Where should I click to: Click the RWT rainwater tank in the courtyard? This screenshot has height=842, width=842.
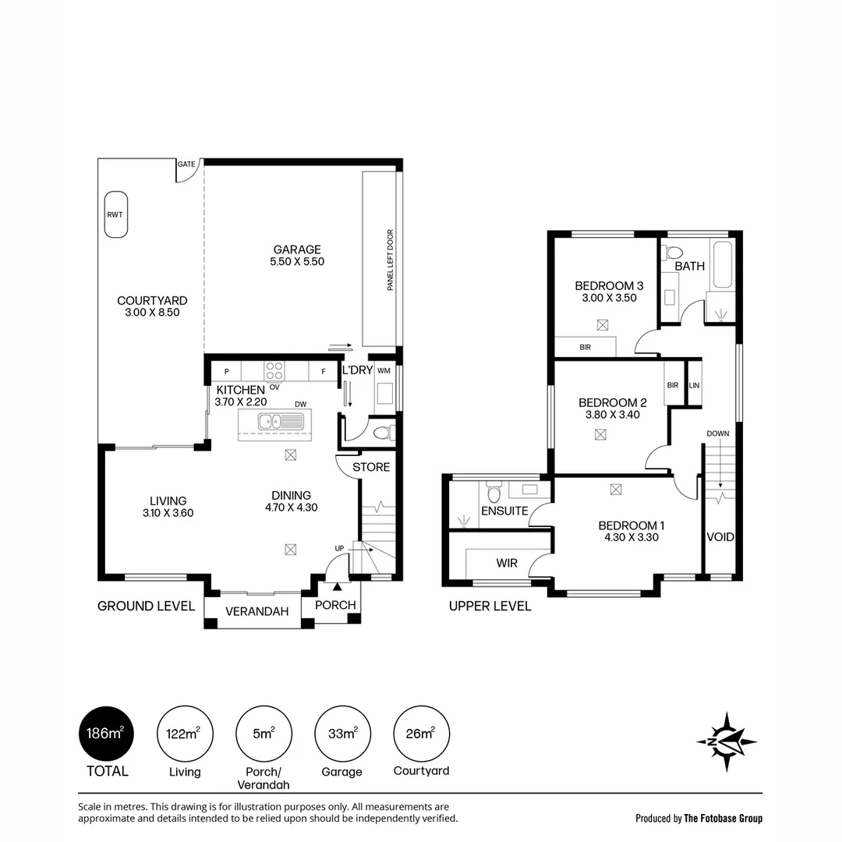click(x=116, y=214)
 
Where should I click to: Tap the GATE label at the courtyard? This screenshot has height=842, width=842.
click(x=186, y=165)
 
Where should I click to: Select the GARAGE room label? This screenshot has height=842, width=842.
click(x=296, y=249)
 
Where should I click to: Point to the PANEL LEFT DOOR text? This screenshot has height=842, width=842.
click(x=390, y=260)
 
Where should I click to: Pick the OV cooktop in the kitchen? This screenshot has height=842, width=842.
click(x=274, y=370)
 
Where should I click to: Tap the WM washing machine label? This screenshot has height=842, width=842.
click(x=384, y=370)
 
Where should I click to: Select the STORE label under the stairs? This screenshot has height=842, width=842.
click(x=371, y=467)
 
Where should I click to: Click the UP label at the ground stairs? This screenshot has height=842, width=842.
click(x=339, y=549)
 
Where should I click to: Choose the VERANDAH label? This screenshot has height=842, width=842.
click(x=252, y=612)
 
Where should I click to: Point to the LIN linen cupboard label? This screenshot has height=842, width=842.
click(x=694, y=385)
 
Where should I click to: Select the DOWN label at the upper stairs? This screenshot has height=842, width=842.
click(x=718, y=433)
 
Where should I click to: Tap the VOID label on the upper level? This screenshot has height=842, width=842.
click(x=720, y=536)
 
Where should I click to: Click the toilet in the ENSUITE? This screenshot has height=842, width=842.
click(x=493, y=494)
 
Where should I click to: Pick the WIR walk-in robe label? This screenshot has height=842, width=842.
click(x=508, y=563)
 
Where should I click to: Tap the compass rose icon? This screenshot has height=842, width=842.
click(x=727, y=741)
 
